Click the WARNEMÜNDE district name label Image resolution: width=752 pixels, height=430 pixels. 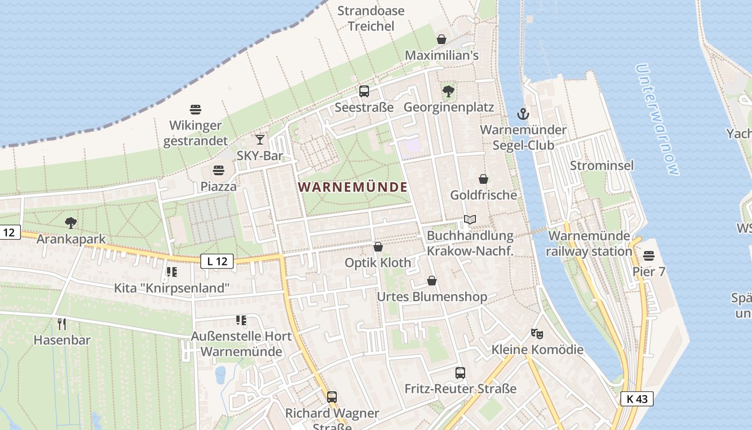[x=352, y=187]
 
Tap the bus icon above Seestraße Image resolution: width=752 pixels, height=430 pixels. [x=364, y=91]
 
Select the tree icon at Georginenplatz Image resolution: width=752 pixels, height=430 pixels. [x=449, y=91]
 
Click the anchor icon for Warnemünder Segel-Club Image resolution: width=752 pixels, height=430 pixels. [x=523, y=113]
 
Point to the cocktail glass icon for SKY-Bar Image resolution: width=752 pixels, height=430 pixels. [x=260, y=140]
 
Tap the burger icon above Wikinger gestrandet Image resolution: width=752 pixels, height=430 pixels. [x=196, y=110]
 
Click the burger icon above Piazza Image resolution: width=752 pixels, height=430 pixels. [x=219, y=170]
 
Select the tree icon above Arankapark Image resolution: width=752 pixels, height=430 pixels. [x=70, y=223]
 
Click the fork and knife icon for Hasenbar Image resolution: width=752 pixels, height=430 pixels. [x=62, y=324]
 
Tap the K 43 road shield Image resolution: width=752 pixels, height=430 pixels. [x=637, y=399]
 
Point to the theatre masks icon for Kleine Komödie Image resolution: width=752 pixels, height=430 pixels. [x=537, y=334]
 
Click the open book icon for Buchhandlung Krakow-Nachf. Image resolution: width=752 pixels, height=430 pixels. [x=470, y=219]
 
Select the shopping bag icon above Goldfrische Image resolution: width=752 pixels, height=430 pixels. [x=483, y=179]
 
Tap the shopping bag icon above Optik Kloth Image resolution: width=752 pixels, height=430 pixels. [x=378, y=247]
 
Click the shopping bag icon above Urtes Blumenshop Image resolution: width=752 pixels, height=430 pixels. [x=432, y=281]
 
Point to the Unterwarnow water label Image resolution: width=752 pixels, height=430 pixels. [x=657, y=120]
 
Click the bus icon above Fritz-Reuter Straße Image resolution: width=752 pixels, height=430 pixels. [x=460, y=372]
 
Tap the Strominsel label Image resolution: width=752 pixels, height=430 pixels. [x=602, y=165]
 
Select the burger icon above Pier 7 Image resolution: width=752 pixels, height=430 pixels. [x=649, y=255]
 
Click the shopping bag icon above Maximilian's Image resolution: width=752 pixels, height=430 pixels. [x=442, y=39]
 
